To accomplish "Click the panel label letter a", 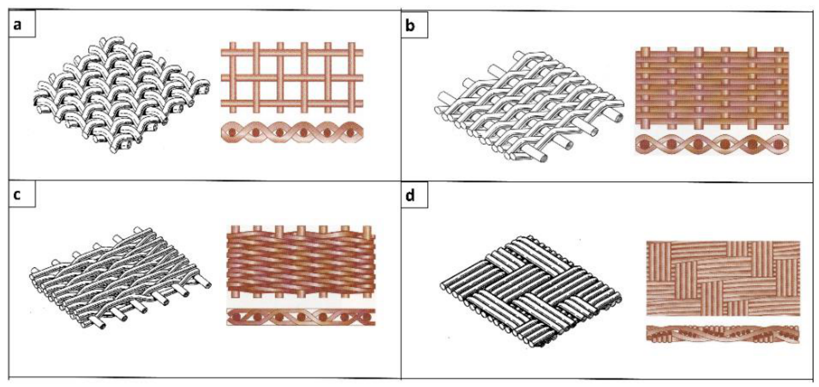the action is click(x=17, y=25).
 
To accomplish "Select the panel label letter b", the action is click(x=409, y=26).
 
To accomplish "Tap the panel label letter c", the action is click(x=16, y=195).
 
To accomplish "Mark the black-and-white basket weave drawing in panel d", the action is click(x=531, y=294).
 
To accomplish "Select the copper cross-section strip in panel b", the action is click(x=712, y=144).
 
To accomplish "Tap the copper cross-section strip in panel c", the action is click(x=301, y=317).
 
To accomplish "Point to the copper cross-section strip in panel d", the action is click(x=723, y=334).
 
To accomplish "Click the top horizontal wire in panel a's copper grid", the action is click(x=292, y=53).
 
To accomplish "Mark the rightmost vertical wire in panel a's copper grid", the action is click(x=351, y=78).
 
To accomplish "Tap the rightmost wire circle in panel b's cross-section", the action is click(x=778, y=144).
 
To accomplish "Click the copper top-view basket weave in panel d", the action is click(x=723, y=278).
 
